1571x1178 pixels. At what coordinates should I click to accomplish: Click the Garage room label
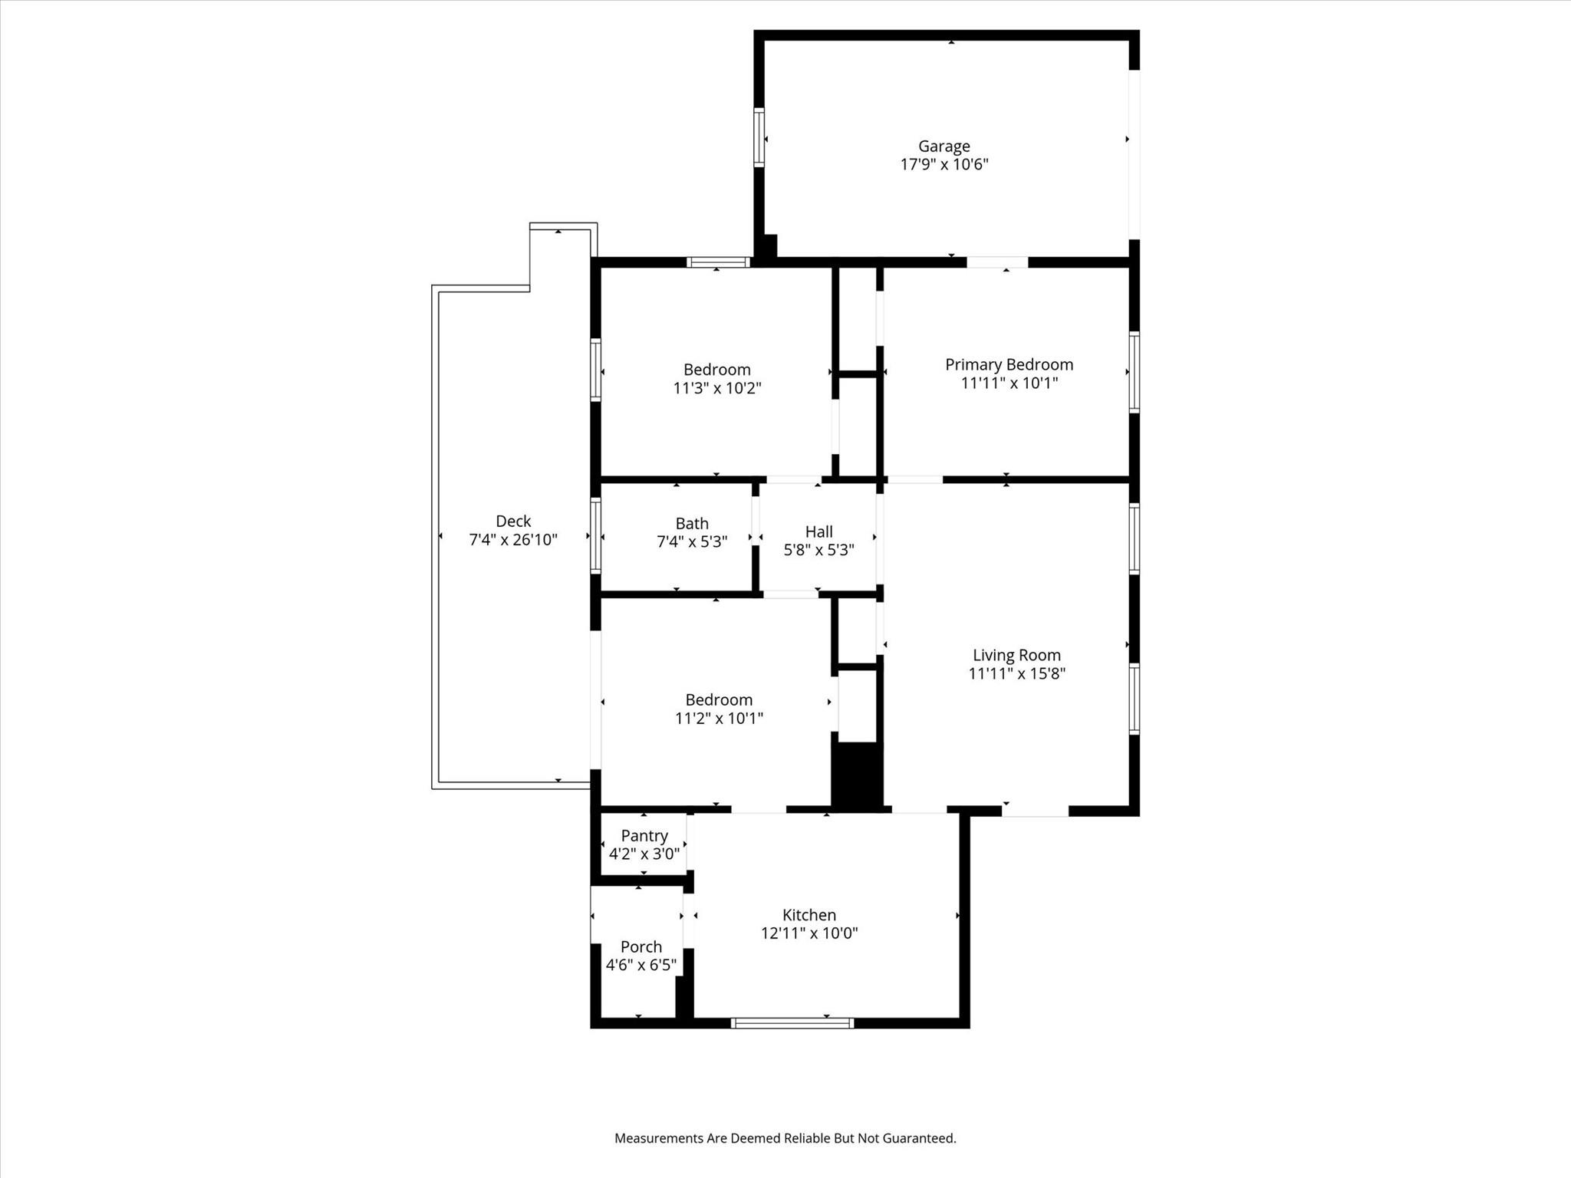click(x=944, y=146)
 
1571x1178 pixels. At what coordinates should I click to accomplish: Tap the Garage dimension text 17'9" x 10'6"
click(x=944, y=164)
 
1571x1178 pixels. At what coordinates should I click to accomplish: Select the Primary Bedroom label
click(x=1009, y=364)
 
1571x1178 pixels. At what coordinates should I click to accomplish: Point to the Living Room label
click(x=1016, y=655)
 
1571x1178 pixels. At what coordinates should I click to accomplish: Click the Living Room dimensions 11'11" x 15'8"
click(x=1016, y=673)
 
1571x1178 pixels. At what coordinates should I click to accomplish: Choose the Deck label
click(x=513, y=521)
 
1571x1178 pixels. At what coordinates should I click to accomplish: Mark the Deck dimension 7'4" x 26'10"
click(x=513, y=540)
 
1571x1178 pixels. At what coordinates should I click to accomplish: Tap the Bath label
click(x=692, y=523)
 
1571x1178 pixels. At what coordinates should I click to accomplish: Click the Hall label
click(x=818, y=531)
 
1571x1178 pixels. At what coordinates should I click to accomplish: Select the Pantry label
click(x=644, y=835)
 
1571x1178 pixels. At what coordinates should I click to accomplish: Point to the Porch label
click(x=641, y=946)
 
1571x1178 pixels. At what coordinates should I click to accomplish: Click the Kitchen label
click(x=809, y=914)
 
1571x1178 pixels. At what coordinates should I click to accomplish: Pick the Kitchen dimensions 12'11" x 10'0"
click(x=809, y=933)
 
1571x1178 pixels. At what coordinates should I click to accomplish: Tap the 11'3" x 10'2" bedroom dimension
click(x=716, y=388)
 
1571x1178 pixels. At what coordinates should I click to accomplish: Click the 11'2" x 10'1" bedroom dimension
click(x=718, y=718)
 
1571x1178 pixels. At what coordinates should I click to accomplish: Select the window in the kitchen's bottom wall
click(x=792, y=1022)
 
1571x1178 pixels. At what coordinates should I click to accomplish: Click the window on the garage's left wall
click(x=759, y=137)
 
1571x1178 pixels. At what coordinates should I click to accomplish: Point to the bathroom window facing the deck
click(x=595, y=535)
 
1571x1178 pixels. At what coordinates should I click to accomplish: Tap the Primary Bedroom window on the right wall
click(x=1134, y=372)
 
